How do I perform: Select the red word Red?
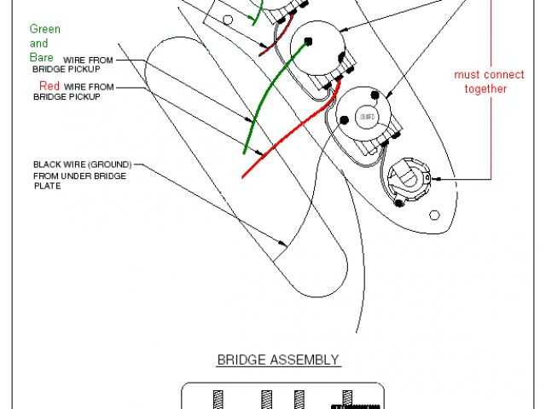pos(49,87)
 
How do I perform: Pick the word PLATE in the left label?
pos(48,186)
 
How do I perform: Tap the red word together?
pos(485,89)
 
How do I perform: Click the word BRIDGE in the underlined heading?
pos(240,360)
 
